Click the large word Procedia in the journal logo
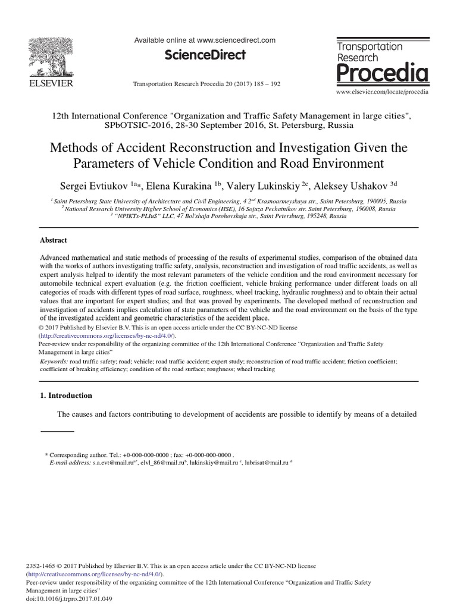pos(383,74)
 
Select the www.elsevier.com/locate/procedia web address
pos(382,93)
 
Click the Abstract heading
pos(54,240)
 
